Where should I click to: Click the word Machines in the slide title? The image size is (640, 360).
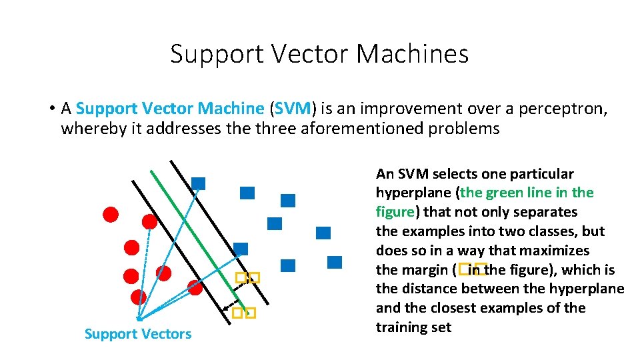413,54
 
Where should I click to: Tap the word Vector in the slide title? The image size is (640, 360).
307,54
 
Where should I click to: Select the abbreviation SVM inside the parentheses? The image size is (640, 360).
293,108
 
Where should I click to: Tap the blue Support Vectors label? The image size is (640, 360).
138,334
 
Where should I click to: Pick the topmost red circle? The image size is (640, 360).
111,214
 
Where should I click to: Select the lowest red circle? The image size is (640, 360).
139,297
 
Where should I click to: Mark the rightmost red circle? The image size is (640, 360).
195,287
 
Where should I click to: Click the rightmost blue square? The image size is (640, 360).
335,262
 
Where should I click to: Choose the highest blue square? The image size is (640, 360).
198,183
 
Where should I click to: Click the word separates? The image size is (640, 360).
545,212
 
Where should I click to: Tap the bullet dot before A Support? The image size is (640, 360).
51,109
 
